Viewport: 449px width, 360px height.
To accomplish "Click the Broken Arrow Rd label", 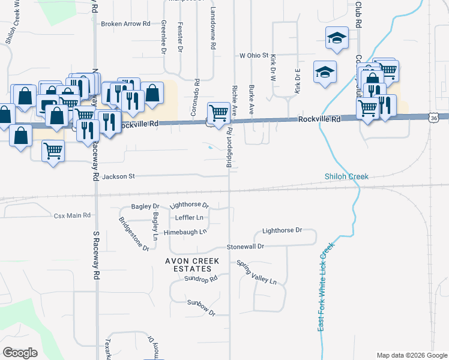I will (125, 24).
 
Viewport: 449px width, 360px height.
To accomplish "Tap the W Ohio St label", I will (253, 55).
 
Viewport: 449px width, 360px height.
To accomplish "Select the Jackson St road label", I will (119, 176).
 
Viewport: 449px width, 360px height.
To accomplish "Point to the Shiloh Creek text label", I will (346, 176).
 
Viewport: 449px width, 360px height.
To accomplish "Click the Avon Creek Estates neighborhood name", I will (193, 265).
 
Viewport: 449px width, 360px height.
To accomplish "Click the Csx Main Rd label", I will (72, 215).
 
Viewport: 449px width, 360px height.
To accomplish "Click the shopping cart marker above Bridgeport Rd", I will (218, 112).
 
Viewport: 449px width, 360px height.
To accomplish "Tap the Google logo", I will (20, 353).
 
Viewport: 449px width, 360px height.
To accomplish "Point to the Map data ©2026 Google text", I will (411, 355).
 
